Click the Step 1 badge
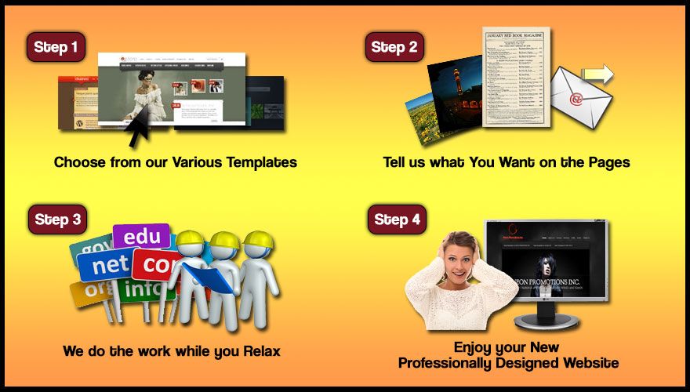56,47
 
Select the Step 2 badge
394,47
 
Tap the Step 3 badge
57,220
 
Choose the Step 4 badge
397,220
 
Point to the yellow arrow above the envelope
597,74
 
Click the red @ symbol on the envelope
576,100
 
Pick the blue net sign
111,265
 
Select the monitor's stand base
546,321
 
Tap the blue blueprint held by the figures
208,279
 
